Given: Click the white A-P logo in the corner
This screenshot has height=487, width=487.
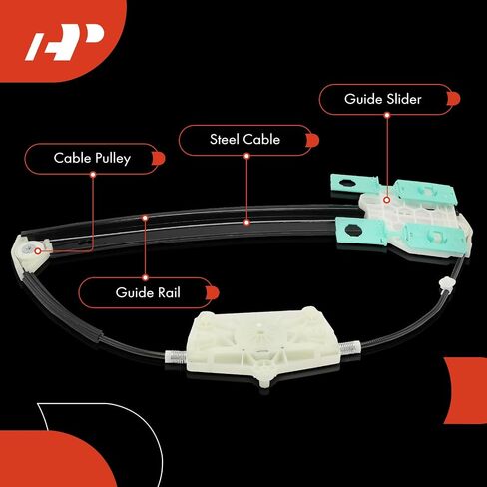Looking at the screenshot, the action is [x=64, y=42].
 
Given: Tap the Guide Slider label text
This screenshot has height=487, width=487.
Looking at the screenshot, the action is [x=383, y=99].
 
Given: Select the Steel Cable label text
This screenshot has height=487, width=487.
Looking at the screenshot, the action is [x=244, y=140].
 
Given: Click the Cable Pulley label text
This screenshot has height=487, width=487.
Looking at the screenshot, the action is [x=92, y=159].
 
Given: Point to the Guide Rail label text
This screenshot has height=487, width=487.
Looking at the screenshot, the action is [x=148, y=292].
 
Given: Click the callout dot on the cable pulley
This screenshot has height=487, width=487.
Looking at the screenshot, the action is [x=38, y=251].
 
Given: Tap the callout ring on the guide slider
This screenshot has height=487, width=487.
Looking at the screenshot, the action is [x=386, y=200].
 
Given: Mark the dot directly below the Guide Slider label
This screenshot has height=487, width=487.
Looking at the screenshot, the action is [x=387, y=115].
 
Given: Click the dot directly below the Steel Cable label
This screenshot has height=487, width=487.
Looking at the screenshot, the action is [x=246, y=156].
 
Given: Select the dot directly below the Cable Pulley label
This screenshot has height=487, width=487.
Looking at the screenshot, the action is [x=93, y=175].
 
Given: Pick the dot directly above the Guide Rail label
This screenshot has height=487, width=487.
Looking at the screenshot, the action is [x=145, y=277].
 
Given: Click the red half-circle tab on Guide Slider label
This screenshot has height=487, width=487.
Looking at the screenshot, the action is [x=454, y=99].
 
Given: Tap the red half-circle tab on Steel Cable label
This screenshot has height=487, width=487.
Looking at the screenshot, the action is [x=312, y=140].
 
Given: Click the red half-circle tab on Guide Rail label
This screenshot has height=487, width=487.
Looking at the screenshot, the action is [x=213, y=293].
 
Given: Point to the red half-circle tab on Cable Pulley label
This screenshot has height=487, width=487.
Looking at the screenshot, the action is [x=159, y=158].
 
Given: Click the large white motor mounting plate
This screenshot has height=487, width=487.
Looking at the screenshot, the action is [x=262, y=346].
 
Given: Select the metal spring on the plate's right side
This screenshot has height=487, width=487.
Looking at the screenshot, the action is [x=349, y=348].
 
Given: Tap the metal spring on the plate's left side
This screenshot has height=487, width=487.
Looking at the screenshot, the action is [x=176, y=357].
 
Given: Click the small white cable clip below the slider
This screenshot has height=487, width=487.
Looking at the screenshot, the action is [x=445, y=284].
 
